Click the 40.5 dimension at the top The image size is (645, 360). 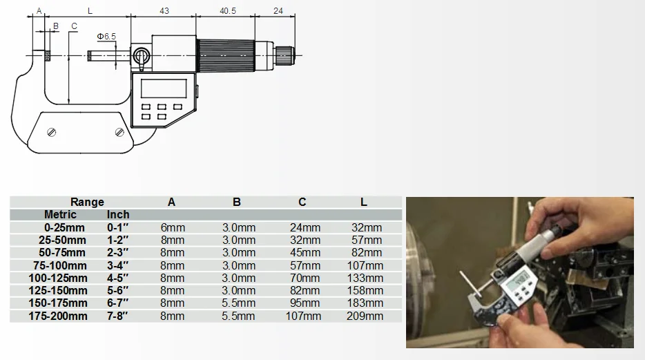coord(227,10)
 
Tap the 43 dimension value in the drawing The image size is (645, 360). coord(164,10)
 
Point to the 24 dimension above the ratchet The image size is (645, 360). coord(278,10)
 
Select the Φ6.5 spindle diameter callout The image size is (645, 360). coord(106,36)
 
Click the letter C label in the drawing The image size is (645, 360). coord(74,26)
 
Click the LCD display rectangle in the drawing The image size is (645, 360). coord(164,88)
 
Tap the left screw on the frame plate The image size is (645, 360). coord(51,132)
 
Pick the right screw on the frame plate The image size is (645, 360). coord(119,132)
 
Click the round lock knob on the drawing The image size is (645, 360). coord(141,55)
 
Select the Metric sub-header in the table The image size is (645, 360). coord(60,214)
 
